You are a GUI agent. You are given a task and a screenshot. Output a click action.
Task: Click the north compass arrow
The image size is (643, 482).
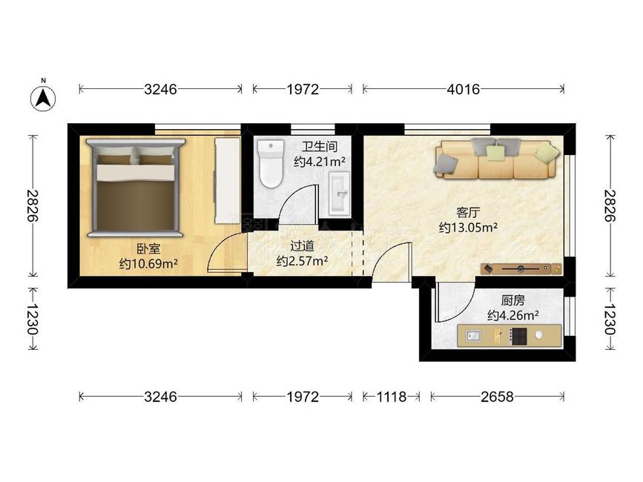(x=44, y=99)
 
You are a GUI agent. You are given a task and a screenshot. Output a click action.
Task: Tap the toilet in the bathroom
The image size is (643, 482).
(x=271, y=164)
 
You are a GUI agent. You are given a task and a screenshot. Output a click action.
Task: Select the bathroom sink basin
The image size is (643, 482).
(x=340, y=194)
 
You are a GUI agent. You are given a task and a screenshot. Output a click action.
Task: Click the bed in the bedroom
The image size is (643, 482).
(x=136, y=188)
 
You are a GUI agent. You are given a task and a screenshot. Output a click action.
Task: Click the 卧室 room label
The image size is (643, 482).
(x=148, y=249)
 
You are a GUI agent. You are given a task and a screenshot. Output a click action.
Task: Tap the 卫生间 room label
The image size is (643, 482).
(x=320, y=147)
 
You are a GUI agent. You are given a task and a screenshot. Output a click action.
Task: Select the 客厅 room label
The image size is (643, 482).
(x=468, y=213)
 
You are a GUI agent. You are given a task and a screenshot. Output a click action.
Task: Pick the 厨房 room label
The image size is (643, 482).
(x=512, y=301)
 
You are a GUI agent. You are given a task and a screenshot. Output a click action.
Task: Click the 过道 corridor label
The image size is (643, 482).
(x=303, y=246)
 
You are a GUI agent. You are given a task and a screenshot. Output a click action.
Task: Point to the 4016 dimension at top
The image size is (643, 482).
(x=464, y=89)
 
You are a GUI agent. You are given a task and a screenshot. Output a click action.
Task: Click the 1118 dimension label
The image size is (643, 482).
(x=391, y=397)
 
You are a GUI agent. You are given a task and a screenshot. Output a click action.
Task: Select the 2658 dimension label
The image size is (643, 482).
(x=497, y=397)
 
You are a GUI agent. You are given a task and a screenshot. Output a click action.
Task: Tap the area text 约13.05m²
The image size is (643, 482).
(x=468, y=227)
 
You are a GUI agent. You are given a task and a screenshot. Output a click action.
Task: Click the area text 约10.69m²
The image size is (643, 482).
(x=148, y=263)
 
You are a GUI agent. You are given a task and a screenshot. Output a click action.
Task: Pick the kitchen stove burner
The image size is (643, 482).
(x=518, y=336)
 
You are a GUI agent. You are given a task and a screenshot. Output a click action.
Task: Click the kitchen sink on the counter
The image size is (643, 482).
(x=474, y=336)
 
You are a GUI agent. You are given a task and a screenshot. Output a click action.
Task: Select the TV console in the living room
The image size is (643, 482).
(x=521, y=269)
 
